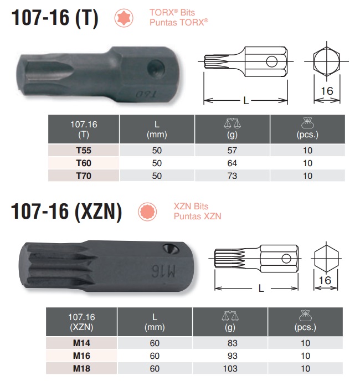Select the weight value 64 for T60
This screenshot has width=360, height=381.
click(233, 163)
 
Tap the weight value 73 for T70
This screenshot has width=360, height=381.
click(233, 176)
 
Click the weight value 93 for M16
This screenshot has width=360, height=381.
click(230, 356)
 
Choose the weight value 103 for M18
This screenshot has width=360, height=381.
click(230, 369)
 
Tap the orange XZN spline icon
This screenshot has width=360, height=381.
click(146, 211)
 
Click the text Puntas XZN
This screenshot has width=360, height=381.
click(197, 216)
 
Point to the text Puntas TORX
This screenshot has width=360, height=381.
click(178, 22)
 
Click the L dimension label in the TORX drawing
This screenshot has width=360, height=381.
click(246, 99)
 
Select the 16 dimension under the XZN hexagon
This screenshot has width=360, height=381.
click(325, 280)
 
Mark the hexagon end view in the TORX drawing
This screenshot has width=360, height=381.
click(327, 64)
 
